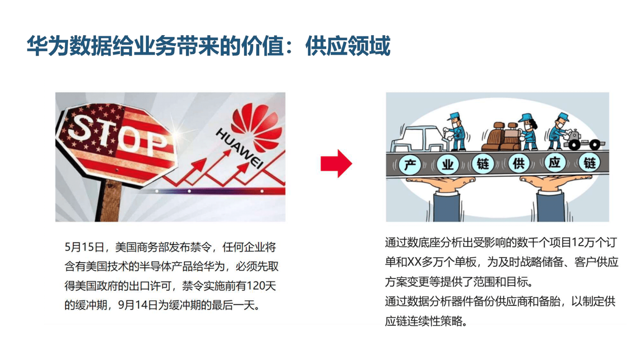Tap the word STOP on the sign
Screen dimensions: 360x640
coord(117,135)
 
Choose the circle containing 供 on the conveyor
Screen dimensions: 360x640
coord(519,163)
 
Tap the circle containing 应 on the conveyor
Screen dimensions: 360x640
coord(555,163)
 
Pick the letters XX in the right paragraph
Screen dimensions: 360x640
coord(414,262)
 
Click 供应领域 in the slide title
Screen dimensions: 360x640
coord(348,46)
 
